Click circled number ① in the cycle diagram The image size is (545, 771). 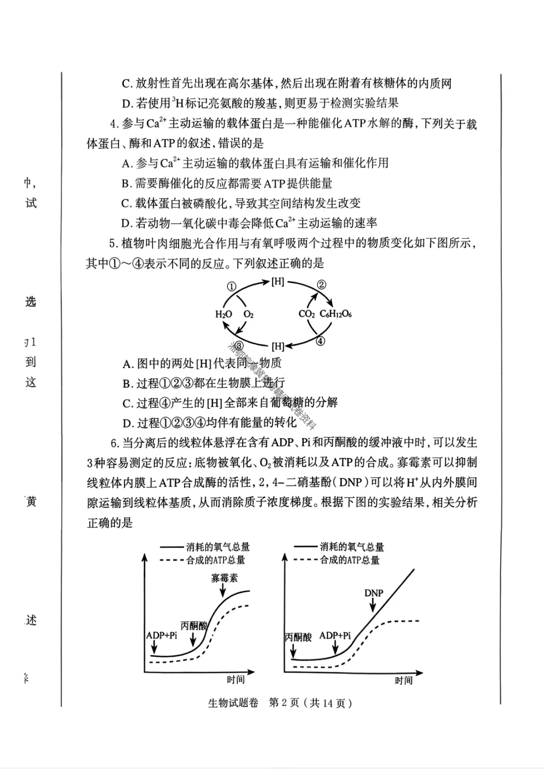click(x=231, y=286)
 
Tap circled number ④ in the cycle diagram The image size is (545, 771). click(x=321, y=341)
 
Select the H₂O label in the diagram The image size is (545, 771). click(x=224, y=314)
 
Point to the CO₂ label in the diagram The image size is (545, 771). click(x=307, y=314)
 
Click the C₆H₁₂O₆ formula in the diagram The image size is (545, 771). click(x=336, y=314)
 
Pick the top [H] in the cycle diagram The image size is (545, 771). click(x=278, y=282)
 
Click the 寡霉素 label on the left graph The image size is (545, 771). click(x=225, y=578)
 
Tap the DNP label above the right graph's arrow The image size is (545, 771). click(x=373, y=593)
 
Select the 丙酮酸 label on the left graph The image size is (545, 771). click(x=194, y=626)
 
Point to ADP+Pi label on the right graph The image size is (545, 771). click(x=335, y=635)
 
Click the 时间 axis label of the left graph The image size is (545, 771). click(x=236, y=680)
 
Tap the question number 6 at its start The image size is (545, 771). click(x=114, y=443)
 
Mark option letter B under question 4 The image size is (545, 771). click(x=126, y=183)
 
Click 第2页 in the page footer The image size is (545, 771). click(x=285, y=703)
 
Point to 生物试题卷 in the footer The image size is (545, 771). click(x=233, y=703)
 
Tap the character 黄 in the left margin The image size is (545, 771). click(x=31, y=502)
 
